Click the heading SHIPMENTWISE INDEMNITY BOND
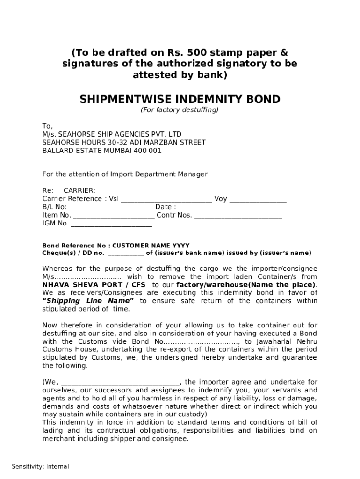point(180,99)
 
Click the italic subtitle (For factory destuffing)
point(180,110)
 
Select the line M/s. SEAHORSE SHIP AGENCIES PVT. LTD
point(112,134)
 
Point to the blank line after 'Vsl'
point(166,199)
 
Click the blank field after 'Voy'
point(258,199)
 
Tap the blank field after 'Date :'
point(227,208)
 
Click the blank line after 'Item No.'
point(114,216)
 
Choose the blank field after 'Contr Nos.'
point(238,216)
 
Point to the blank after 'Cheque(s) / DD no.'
point(126,254)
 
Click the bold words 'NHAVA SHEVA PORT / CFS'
point(94,285)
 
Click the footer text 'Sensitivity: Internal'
point(40,466)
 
